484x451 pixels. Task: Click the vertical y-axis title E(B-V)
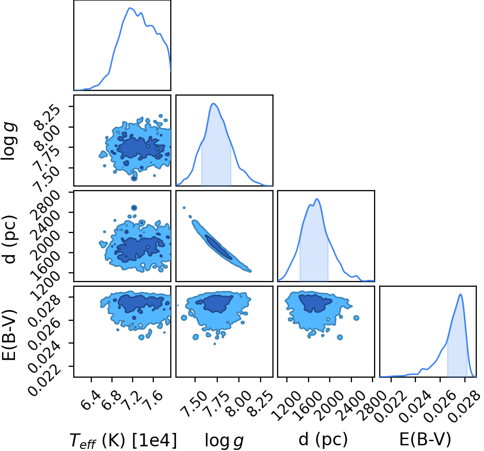pyautogui.click(x=9, y=334)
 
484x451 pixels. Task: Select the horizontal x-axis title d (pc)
pyautogui.click(x=323, y=439)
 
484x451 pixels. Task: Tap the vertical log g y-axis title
pyautogui.click(x=9, y=141)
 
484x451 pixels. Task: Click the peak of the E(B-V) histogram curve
pyautogui.click(x=461, y=294)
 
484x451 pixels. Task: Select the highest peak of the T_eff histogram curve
pyautogui.click(x=130, y=8)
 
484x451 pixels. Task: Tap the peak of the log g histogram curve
pyautogui.click(x=213, y=103)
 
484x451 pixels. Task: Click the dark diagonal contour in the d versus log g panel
pyautogui.click(x=219, y=247)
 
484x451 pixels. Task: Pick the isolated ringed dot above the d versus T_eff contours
pyautogui.click(x=134, y=208)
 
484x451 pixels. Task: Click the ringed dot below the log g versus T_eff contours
pyautogui.click(x=134, y=178)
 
